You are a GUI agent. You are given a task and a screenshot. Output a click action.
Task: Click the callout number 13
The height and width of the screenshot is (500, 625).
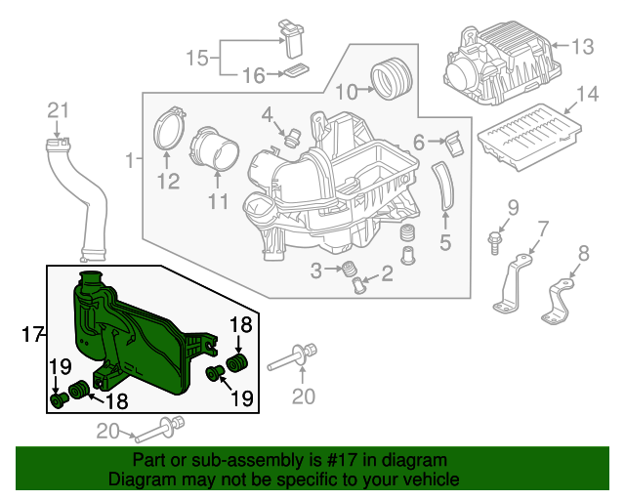(x=583, y=46)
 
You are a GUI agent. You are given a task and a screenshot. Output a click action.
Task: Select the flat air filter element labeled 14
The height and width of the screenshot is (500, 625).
(x=529, y=137)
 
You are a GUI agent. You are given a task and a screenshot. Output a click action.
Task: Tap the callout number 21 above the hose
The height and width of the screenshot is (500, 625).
(x=59, y=111)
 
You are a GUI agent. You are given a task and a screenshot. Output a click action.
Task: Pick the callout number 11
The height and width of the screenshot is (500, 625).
(x=219, y=200)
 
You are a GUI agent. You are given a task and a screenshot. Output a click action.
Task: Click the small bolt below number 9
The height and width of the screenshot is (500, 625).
(x=494, y=242)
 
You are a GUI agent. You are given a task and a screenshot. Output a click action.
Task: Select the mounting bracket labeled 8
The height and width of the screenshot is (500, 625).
(x=558, y=301)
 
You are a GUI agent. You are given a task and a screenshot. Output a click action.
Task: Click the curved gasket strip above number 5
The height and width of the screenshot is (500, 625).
(x=443, y=186)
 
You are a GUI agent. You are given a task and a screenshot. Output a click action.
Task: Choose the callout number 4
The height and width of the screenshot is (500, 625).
(x=267, y=115)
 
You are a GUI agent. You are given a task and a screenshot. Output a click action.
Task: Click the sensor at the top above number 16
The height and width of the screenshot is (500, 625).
(x=292, y=38)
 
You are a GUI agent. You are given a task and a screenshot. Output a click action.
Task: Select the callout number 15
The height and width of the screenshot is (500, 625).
(x=197, y=59)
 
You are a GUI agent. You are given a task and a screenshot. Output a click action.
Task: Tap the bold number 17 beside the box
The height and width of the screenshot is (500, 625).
(x=32, y=335)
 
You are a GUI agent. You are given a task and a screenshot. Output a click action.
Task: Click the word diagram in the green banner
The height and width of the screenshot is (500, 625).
(x=415, y=461)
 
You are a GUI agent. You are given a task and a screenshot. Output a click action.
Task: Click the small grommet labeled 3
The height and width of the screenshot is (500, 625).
(x=349, y=269)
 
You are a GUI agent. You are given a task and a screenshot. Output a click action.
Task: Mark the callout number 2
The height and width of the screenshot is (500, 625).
(x=387, y=273)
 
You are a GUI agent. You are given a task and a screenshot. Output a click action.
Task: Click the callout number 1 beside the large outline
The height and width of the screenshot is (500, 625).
(x=130, y=160)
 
